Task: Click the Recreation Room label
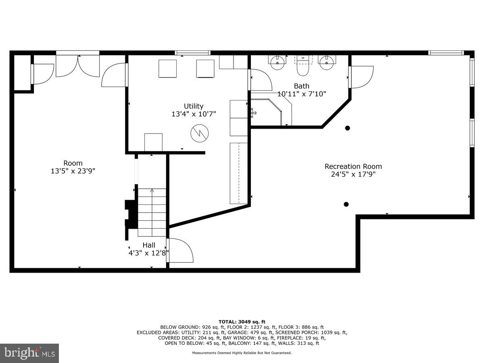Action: tap(353, 166)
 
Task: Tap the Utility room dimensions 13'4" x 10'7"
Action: tap(194, 114)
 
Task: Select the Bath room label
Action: tap(301, 86)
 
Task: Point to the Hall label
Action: tap(148, 245)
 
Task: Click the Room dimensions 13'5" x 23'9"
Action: tap(73, 171)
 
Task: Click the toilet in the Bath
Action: tap(303, 69)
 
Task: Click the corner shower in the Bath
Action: tap(268, 111)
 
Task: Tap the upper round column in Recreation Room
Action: tap(347, 128)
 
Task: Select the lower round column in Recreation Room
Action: tap(346, 204)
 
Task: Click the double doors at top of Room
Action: tap(77, 66)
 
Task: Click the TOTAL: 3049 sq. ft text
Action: tap(242, 321)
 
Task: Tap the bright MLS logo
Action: tap(29, 353)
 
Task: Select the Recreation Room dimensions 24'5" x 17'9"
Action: tap(353, 175)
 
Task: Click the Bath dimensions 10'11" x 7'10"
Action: tap(301, 94)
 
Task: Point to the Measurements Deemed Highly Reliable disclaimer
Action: tap(242, 353)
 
